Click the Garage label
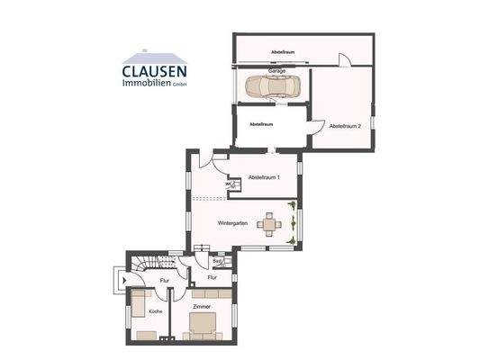tap(276, 70)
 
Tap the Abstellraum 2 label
tap(344, 125)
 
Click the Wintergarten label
tap(232, 222)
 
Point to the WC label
tap(229, 184)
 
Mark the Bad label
tap(217, 262)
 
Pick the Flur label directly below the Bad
tap(213, 278)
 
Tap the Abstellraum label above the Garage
tap(284, 52)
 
